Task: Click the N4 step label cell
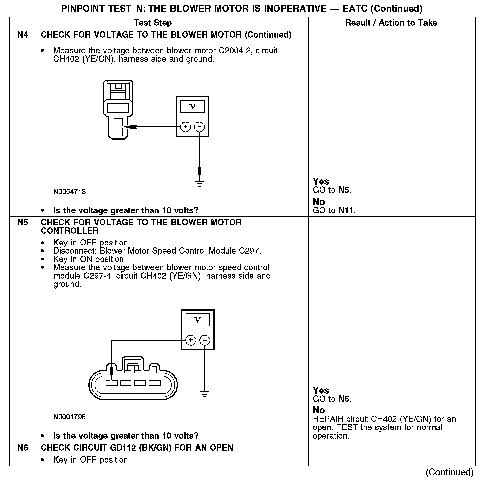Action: pyautogui.click(x=23, y=35)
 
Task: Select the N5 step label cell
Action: pyautogui.click(x=23, y=222)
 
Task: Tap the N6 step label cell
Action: pyautogui.click(x=23, y=448)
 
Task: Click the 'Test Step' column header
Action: pyautogui.click(x=153, y=23)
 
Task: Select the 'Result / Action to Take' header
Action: pyautogui.click(x=391, y=23)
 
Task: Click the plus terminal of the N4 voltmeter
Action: pyautogui.click(x=185, y=127)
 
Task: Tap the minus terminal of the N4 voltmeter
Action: pyautogui.click(x=199, y=127)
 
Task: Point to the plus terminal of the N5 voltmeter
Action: pyautogui.click(x=191, y=340)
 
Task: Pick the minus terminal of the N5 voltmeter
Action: pyautogui.click(x=205, y=340)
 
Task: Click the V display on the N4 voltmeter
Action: pyautogui.click(x=192, y=107)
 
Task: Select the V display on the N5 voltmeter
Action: pyautogui.click(x=198, y=320)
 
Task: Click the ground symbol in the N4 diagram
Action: pyautogui.click(x=199, y=183)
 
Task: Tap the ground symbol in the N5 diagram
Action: pyautogui.click(x=205, y=395)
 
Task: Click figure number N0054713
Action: pyautogui.click(x=69, y=192)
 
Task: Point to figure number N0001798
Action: pyautogui.click(x=69, y=417)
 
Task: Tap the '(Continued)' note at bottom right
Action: pyautogui.click(x=449, y=472)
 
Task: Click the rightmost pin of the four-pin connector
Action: pyautogui.click(x=155, y=383)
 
